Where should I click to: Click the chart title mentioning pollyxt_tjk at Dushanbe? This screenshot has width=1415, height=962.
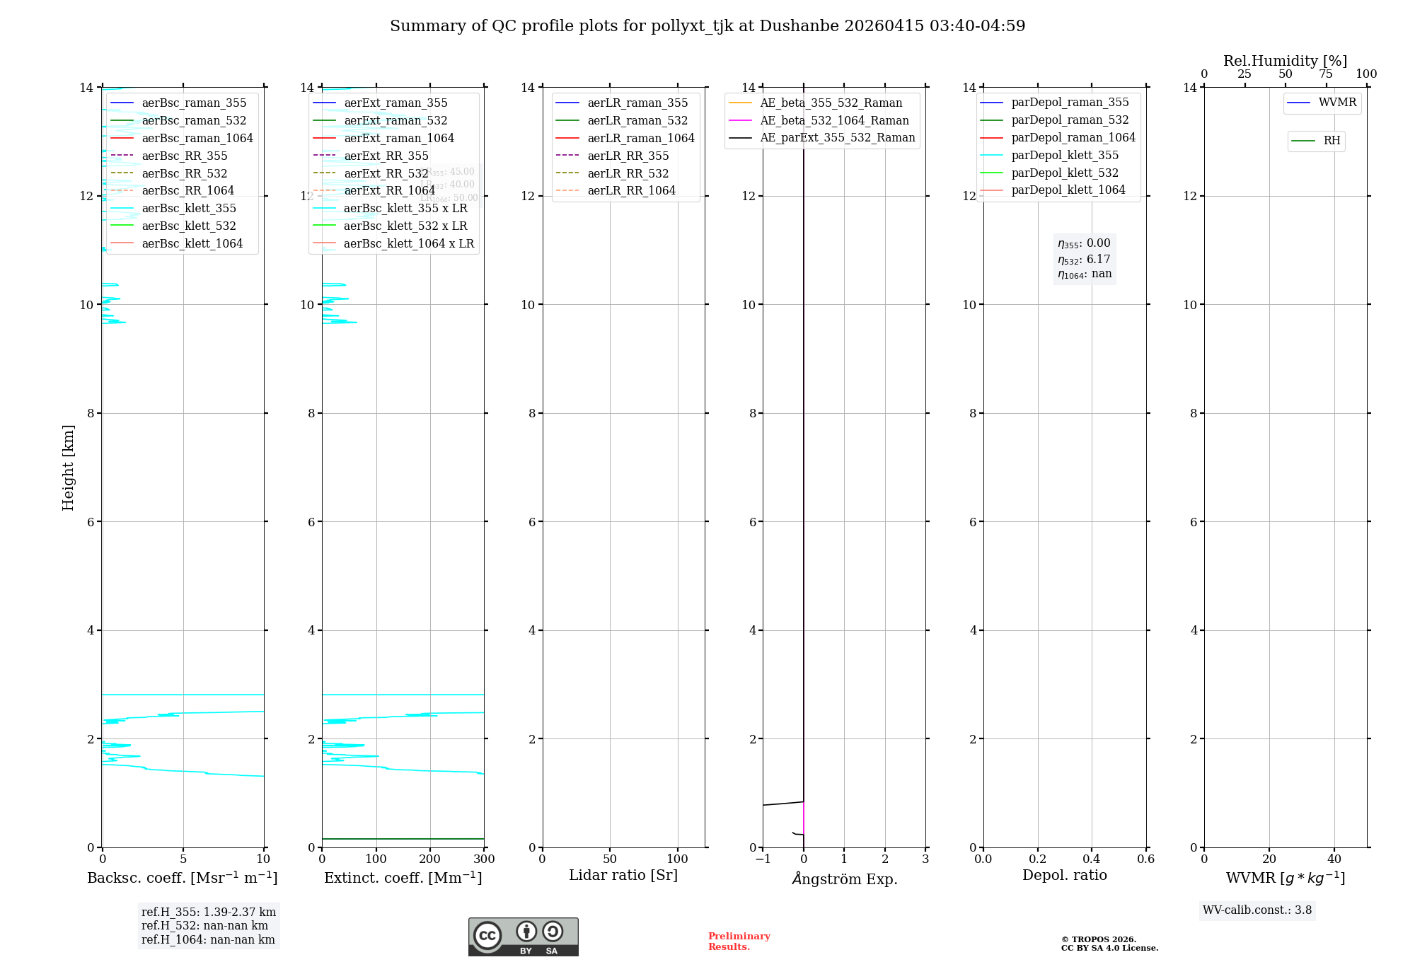coord(707,26)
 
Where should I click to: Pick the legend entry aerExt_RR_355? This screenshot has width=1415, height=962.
coord(386,156)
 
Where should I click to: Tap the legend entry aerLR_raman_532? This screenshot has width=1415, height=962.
coord(637,121)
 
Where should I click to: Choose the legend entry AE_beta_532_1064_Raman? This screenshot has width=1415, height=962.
coord(834,121)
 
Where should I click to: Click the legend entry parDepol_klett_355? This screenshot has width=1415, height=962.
coord(1065,156)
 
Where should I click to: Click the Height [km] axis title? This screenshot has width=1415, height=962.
coord(68,467)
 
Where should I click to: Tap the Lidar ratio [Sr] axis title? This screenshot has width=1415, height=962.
coord(623,876)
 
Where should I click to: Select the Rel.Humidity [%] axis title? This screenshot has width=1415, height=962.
coord(1285,62)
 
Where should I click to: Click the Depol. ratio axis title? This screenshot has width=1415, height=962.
coord(1064,876)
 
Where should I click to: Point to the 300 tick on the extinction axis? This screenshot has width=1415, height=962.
coord(484,859)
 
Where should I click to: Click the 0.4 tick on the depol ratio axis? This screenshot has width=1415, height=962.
coord(1092,859)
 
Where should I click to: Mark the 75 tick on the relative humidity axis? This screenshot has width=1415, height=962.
coord(1326,74)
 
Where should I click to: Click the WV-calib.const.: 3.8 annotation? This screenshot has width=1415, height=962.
coord(1257,910)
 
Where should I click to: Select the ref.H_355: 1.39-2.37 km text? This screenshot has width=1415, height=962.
coord(209,912)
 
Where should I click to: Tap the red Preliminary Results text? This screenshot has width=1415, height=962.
coord(739,941)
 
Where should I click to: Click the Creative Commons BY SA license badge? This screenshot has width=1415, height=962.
coord(523,937)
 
